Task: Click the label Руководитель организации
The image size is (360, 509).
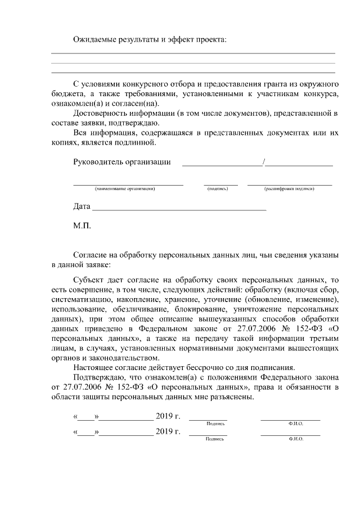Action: (x=122, y=163)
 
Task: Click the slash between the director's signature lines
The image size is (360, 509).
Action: (x=264, y=163)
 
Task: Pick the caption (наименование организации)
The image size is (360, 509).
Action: (x=125, y=188)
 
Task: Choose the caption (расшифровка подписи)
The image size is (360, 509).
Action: (x=289, y=188)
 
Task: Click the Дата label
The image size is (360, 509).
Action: (x=82, y=206)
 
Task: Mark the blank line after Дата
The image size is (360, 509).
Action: (x=179, y=209)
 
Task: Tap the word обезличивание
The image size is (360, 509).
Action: (x=137, y=309)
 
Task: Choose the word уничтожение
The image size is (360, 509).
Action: (x=260, y=309)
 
